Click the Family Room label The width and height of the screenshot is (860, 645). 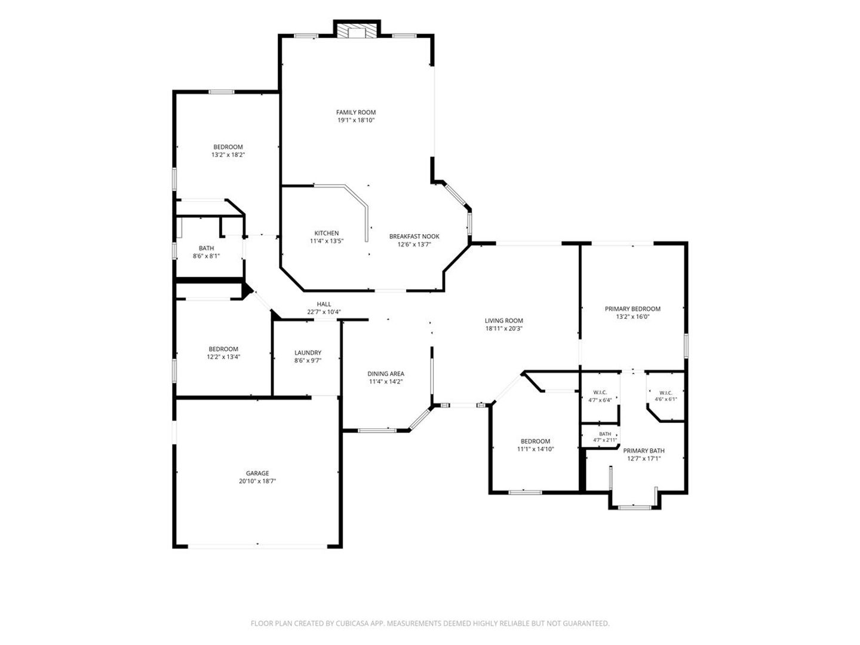pos(356,112)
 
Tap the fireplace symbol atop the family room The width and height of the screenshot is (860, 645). pos(357,32)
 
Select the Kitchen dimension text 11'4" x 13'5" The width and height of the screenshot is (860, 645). pos(327,241)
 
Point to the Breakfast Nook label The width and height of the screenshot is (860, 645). pos(414,236)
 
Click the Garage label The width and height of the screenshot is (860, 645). pos(257,473)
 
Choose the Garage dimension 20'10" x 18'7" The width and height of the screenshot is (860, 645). pos(257,481)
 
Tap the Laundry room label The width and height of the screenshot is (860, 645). pos(308,352)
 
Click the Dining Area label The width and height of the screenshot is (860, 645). pos(386,374)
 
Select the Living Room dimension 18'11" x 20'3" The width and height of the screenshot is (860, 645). pos(504,329)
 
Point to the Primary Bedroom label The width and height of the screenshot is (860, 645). pos(632,309)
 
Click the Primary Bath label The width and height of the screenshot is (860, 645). pos(644,450)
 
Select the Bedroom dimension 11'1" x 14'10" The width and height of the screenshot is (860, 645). pos(535,449)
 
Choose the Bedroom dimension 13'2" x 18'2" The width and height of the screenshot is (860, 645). pos(228,155)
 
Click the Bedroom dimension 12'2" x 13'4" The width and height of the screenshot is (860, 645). pos(223,357)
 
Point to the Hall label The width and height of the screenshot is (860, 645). pos(324,304)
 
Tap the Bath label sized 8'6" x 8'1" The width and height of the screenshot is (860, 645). pos(206,248)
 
